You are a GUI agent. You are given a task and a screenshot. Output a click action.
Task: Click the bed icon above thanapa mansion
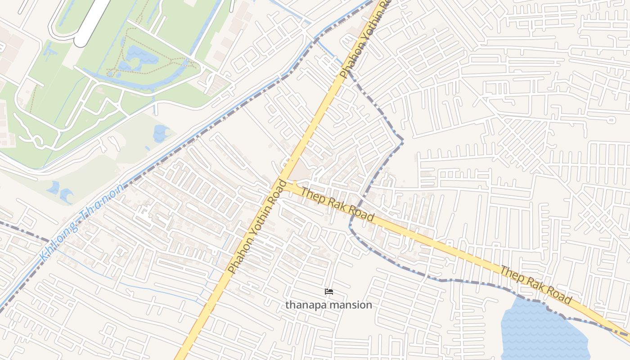pyautogui.click(x=329, y=292)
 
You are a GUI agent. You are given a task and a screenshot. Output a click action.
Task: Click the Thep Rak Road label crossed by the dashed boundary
pyautogui.click(x=337, y=204)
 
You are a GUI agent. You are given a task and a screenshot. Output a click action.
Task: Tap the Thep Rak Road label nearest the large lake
pyautogui.click(x=536, y=285)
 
